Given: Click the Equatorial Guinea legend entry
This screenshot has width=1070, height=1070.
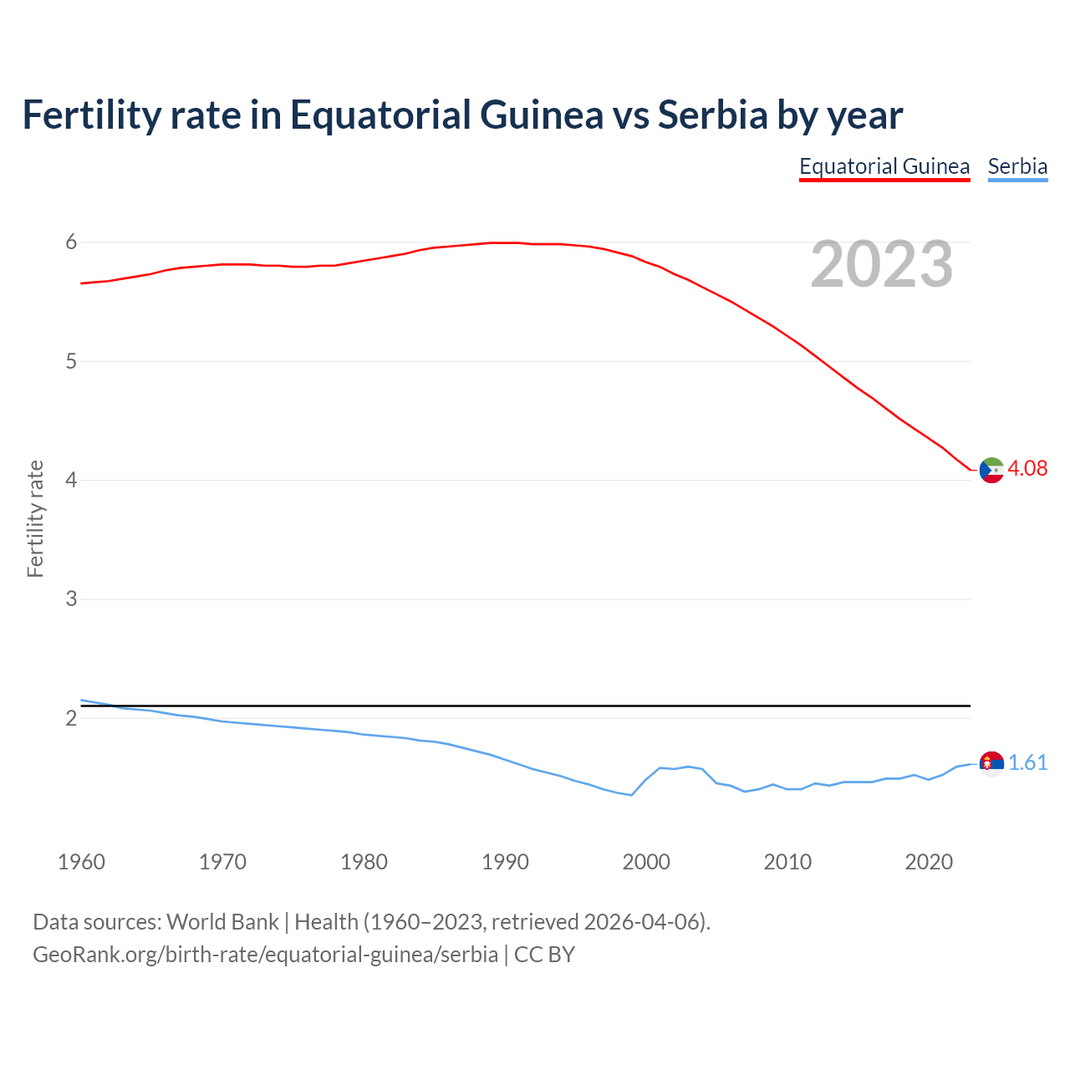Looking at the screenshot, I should point(884,166).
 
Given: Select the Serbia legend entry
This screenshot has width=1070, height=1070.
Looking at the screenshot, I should point(1017,166).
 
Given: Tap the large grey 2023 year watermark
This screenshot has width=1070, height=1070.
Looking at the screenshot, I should point(882,264).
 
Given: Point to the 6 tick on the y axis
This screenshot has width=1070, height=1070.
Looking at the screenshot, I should point(71,242).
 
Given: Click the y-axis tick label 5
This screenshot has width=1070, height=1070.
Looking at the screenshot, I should point(71,361).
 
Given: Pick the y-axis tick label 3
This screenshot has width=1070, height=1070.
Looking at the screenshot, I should point(71,599).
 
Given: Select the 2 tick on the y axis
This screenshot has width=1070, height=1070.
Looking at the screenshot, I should point(71,718).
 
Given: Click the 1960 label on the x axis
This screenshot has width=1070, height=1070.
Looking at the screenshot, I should point(81,862).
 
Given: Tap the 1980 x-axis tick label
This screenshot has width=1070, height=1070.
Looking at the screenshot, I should point(364,862).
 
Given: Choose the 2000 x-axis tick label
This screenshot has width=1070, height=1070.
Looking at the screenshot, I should point(646,862).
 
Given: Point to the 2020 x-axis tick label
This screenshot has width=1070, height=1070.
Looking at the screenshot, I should point(929,862).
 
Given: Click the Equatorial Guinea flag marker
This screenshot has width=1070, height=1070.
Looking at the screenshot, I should point(991,471).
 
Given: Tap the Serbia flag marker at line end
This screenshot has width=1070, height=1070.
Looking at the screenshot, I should point(991,763).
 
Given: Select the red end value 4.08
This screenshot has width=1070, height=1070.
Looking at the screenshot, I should point(1027,468).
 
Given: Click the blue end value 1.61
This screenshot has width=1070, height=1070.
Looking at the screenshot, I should point(1027,762).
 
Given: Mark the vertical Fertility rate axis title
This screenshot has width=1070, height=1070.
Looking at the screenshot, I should point(35,518).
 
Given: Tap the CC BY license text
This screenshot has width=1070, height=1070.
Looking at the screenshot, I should point(544,955).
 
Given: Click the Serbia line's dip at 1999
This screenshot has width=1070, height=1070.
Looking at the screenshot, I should point(631,795).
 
